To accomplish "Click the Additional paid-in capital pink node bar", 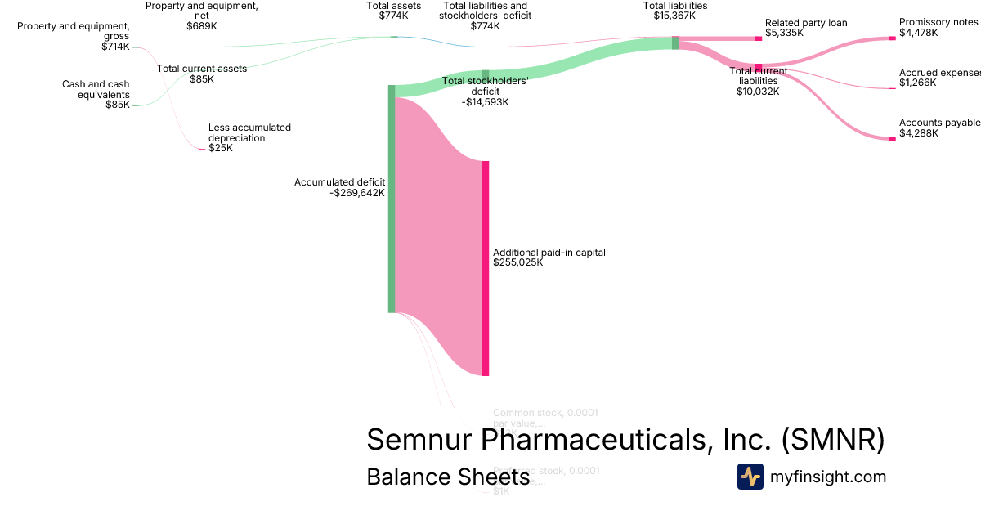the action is point(486,268).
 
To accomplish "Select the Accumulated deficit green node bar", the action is point(392,199).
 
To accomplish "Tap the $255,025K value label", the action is point(518,263).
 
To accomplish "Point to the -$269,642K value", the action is point(357,193).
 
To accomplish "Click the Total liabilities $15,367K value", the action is point(675,16).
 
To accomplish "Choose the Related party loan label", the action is point(806,23).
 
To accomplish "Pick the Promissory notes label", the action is point(937,22).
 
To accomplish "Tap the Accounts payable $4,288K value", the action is point(919,133).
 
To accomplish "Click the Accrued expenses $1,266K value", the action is point(918,83).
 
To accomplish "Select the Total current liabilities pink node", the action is point(759,68).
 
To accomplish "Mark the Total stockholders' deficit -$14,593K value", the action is point(485,102).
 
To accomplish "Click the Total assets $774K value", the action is point(393,16).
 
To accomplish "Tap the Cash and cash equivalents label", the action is point(96,89).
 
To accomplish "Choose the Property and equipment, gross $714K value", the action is point(115,47).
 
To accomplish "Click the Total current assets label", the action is point(201,69).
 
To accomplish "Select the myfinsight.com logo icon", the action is point(750,477).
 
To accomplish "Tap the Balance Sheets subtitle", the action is point(448,477).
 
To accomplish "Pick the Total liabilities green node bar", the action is point(675,43).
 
